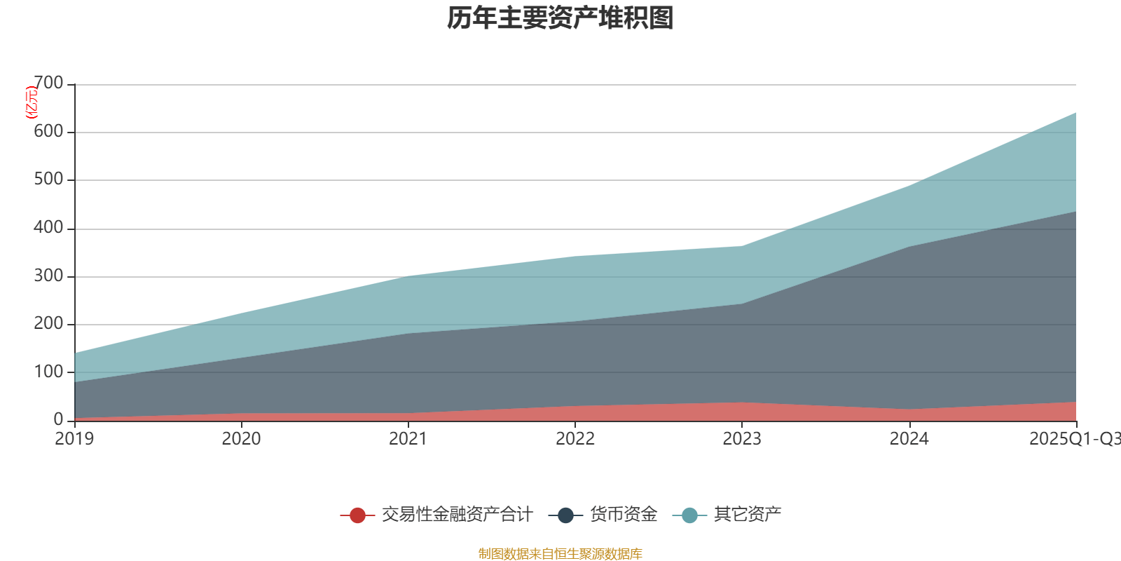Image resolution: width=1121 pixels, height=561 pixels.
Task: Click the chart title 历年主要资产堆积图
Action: (x=560, y=18)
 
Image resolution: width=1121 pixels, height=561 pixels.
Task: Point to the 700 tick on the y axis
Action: (x=48, y=83)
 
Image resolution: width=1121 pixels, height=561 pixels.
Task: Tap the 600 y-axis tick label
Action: (x=48, y=131)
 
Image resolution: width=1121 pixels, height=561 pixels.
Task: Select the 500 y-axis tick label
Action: (x=48, y=180)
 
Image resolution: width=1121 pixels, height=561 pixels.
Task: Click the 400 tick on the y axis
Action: (x=48, y=227)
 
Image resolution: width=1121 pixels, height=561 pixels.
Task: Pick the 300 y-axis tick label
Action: (x=48, y=276)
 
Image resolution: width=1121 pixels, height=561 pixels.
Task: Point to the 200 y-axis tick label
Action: (x=48, y=323)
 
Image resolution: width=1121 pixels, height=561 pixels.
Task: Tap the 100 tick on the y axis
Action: (x=48, y=372)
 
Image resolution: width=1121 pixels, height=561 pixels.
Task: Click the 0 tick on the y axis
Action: (x=59, y=419)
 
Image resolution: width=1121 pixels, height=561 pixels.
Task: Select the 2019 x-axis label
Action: (x=74, y=438)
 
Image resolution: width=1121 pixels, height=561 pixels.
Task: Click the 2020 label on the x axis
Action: (x=241, y=438)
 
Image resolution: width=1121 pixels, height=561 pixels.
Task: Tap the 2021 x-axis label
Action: (x=408, y=438)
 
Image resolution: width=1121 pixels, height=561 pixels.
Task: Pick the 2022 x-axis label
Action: (x=575, y=438)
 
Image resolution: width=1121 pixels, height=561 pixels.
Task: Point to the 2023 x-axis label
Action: (x=742, y=438)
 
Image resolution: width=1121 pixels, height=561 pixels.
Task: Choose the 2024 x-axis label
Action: (x=909, y=438)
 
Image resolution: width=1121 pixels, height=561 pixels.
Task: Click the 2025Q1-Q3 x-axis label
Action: (x=1074, y=438)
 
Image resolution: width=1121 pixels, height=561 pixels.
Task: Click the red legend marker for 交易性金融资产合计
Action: (x=357, y=515)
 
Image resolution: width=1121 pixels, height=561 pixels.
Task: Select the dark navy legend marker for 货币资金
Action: (x=565, y=515)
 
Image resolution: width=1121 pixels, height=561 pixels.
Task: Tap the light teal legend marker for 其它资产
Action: (x=689, y=515)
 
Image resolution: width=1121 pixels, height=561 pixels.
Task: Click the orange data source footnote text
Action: (x=560, y=554)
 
